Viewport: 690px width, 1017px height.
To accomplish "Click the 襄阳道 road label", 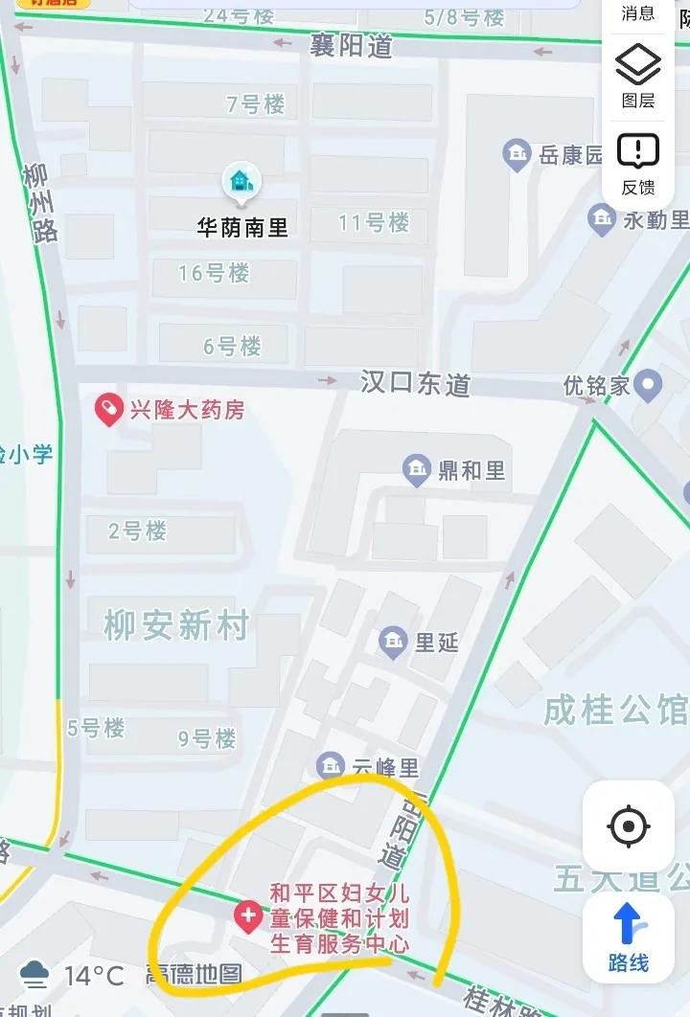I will coord(352,45).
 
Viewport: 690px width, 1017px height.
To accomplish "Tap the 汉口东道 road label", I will coord(415,384).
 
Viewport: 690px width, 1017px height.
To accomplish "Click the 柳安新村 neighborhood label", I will coord(176,626).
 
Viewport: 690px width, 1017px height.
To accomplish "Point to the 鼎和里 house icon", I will coord(416,470).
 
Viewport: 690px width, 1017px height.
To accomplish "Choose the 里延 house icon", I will coord(393,642).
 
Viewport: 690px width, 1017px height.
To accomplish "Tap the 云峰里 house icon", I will coord(331,766).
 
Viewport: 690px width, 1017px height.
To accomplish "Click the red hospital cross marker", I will coord(248,916).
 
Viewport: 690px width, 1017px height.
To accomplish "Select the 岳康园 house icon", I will coord(517,154).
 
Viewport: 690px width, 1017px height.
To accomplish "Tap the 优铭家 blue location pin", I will coord(649,386).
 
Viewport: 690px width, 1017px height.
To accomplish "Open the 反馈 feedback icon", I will coord(638,151).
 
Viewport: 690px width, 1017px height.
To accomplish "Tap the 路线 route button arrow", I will coord(629,924).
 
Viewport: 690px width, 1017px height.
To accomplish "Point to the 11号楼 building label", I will coord(374,223).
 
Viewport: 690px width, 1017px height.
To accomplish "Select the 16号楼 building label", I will coord(214,273).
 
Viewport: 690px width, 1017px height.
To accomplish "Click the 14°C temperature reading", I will coord(94,976).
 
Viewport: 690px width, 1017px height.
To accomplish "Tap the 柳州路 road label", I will coord(42,203).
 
